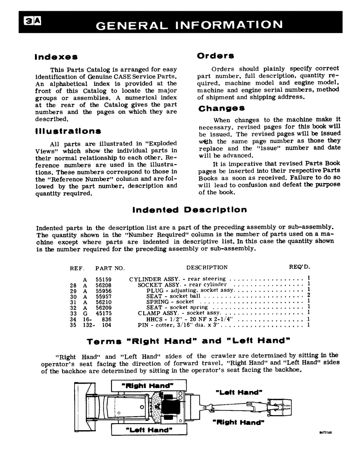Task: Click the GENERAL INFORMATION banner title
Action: pos(189,24)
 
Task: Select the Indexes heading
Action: pos(56,57)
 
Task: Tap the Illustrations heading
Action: pos(68,131)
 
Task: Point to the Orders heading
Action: pos(215,56)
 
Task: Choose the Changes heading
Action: pos(222,109)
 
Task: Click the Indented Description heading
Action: pos(189,210)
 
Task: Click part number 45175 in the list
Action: pos(103,313)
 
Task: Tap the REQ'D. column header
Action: pos(299,267)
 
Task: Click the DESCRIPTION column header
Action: pos(207,267)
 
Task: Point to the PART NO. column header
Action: pos(110,268)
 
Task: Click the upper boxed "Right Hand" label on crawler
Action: pos(148,386)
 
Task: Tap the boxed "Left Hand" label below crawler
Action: pos(148,430)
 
